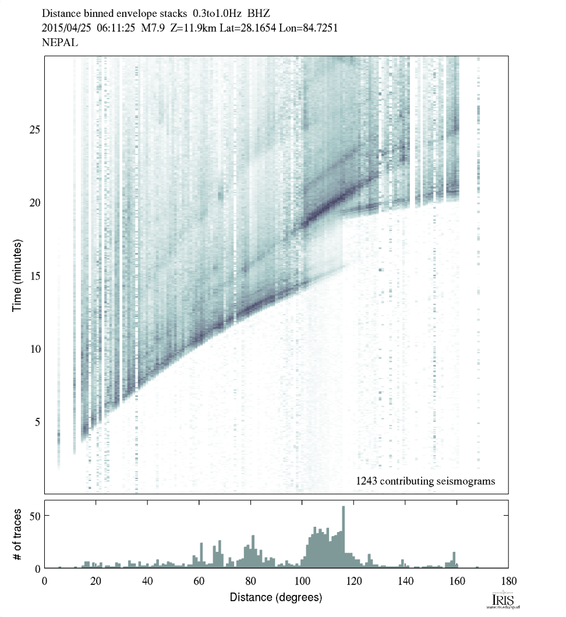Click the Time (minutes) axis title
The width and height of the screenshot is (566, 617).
click(17, 274)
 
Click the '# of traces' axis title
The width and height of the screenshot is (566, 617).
click(17, 534)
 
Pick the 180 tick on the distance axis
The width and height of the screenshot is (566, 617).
click(508, 581)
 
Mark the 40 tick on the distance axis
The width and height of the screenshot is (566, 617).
click(147, 581)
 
